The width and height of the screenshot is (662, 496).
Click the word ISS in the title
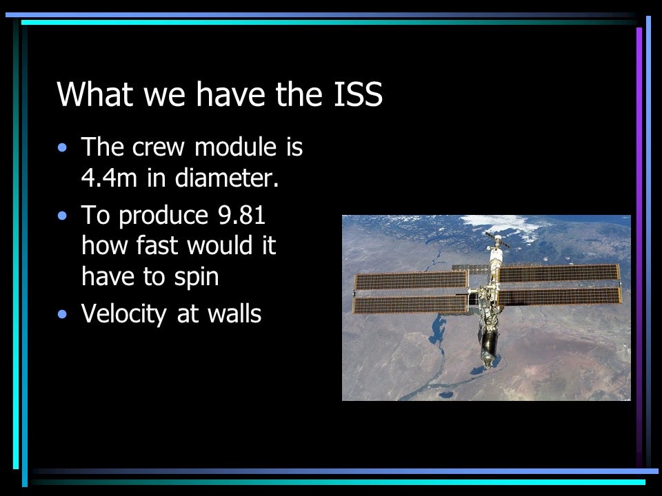[358, 94]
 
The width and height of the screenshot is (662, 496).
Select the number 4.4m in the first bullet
[109, 178]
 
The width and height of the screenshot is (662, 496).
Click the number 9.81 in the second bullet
[241, 215]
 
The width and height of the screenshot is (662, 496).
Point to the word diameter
[227, 178]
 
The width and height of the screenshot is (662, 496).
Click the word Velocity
[124, 315]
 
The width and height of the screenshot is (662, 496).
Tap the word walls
[234, 313]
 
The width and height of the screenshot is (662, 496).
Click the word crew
[159, 148]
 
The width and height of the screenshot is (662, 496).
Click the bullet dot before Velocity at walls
[63, 314]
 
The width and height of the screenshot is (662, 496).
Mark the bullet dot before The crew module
[63, 147]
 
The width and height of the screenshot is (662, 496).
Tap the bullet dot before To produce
[63, 216]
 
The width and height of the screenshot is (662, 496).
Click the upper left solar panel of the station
[411, 280]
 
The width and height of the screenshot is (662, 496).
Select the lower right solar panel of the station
[560, 296]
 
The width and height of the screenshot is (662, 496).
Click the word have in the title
[230, 94]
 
